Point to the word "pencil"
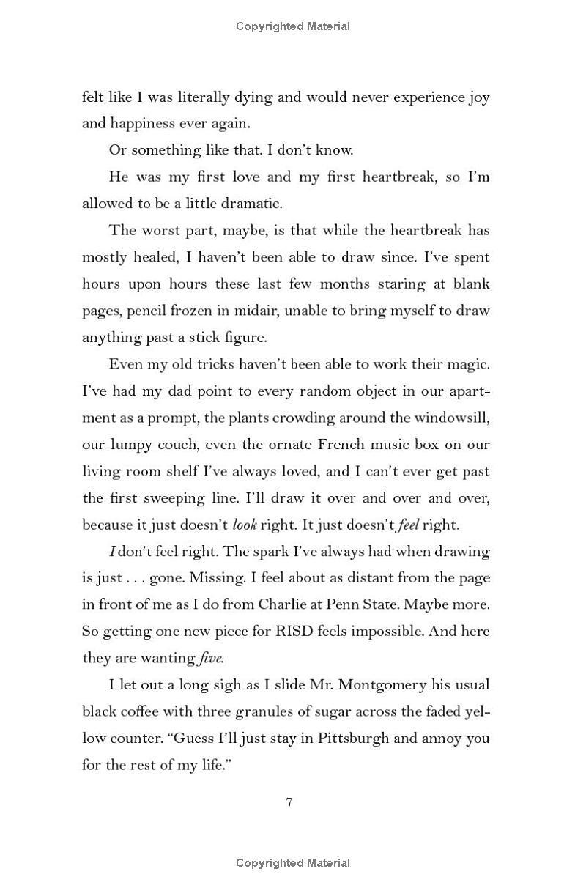[x=147, y=310]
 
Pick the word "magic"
[x=465, y=363]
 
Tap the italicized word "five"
[x=211, y=658]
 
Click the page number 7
[x=289, y=802]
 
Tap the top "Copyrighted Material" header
[x=293, y=26]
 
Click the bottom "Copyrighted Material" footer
[x=293, y=863]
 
